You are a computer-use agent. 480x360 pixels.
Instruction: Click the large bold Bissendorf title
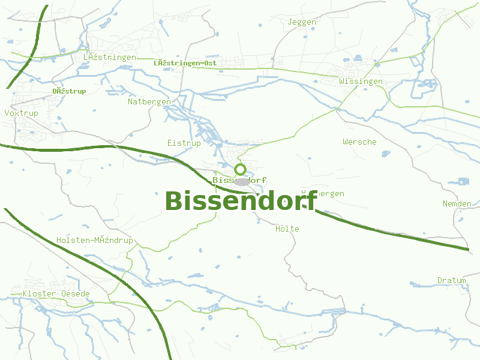[241, 201]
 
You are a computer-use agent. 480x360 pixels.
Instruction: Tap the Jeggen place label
[302, 22]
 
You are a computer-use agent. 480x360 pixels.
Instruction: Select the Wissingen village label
[361, 81]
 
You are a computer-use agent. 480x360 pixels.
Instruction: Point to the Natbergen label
[149, 102]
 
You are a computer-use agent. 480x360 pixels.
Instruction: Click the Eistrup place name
[184, 143]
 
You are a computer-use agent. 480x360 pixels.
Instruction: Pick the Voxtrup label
[21, 113]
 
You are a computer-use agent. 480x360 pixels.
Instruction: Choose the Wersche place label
[359, 142]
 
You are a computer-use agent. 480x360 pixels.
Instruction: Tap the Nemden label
[457, 203]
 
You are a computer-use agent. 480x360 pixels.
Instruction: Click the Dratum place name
[452, 280]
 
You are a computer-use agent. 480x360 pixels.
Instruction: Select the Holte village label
[287, 229]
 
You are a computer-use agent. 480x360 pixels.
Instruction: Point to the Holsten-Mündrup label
[95, 240]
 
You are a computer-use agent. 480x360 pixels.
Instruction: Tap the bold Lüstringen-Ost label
[185, 63]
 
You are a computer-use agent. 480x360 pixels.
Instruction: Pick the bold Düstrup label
[69, 91]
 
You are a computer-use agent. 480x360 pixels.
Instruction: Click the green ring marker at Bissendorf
[241, 169]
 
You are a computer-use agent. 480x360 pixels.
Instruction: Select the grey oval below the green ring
[242, 181]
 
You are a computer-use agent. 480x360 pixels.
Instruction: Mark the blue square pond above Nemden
[463, 181]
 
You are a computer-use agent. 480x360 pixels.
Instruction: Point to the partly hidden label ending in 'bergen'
[330, 193]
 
